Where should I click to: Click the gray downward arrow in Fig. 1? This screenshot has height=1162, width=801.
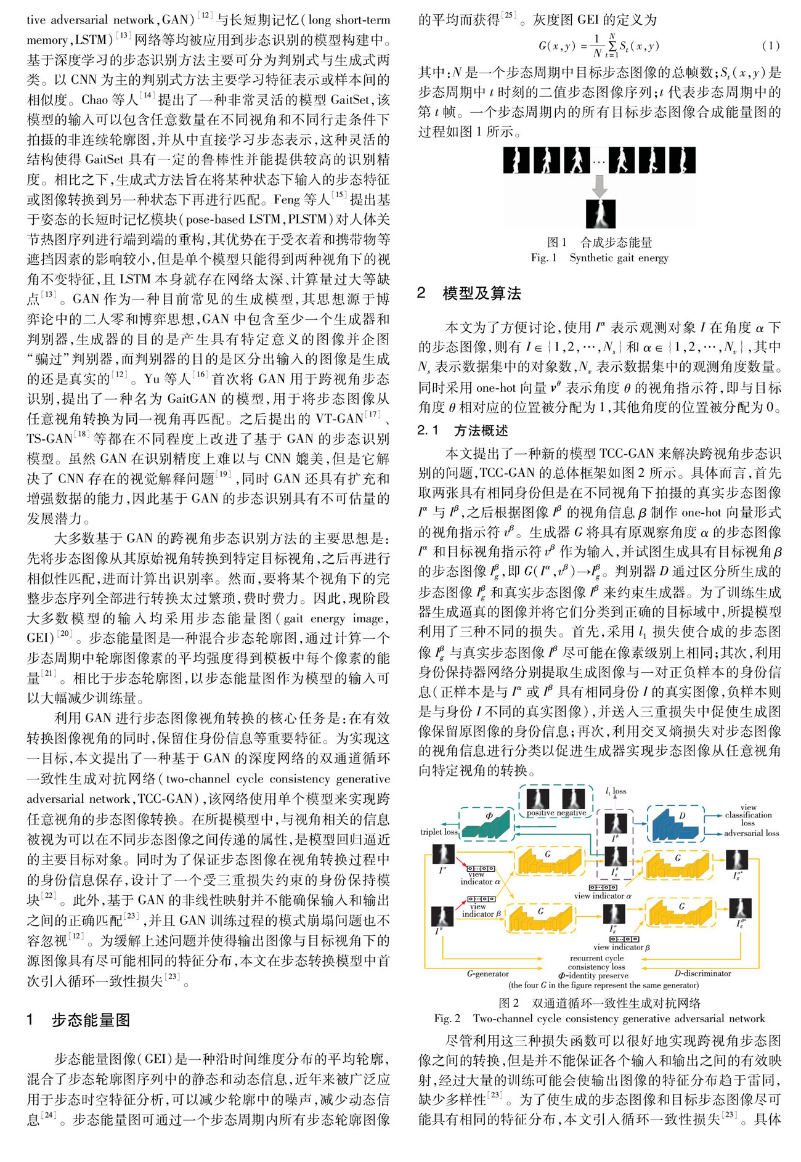599,185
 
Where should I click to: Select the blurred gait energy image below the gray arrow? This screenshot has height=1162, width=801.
600,214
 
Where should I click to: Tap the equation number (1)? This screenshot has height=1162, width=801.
770,46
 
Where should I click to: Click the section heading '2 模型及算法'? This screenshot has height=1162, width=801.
469,293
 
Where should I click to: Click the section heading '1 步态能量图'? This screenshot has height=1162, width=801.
78,1020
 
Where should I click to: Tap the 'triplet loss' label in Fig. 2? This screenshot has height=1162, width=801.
439,832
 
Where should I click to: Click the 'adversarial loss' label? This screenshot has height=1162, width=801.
751,833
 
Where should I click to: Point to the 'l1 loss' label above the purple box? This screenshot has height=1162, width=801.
616,791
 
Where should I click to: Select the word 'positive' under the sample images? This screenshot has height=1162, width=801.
540,813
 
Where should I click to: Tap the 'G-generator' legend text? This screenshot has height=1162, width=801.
488,973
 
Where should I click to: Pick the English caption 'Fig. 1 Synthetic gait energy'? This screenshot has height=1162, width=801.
600,258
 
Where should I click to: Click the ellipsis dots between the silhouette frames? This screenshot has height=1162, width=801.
598,162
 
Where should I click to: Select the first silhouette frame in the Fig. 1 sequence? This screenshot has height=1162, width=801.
516,160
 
